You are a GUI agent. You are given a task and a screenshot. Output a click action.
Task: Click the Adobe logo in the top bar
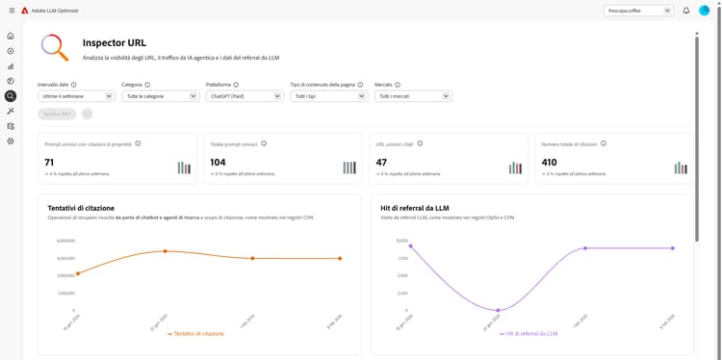(x=26, y=11)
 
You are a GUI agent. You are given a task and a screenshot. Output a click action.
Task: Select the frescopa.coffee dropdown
(x=638, y=11)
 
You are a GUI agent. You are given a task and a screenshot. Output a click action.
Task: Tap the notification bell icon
(x=686, y=11)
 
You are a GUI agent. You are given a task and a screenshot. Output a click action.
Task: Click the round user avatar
(x=705, y=11)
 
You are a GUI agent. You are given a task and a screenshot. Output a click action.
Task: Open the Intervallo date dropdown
(x=77, y=96)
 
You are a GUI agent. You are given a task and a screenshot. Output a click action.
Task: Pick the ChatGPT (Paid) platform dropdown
(x=245, y=96)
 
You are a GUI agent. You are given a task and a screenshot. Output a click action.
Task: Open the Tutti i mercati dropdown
(x=413, y=96)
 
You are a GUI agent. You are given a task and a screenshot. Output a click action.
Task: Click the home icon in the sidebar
(x=11, y=36)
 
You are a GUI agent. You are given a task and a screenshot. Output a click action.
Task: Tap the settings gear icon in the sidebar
(x=11, y=141)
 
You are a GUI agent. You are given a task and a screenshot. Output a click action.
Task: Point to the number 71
(x=49, y=163)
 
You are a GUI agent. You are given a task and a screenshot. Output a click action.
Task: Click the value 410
(x=550, y=163)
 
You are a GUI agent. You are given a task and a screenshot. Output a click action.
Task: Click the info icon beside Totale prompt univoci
(x=264, y=143)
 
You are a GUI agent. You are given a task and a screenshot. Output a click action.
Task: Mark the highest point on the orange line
(x=165, y=251)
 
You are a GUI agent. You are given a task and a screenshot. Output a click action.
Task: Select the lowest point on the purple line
(x=498, y=310)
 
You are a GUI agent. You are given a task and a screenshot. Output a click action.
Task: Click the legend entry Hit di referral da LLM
(x=528, y=333)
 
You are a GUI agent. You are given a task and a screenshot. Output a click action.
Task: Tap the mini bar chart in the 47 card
(x=516, y=167)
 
